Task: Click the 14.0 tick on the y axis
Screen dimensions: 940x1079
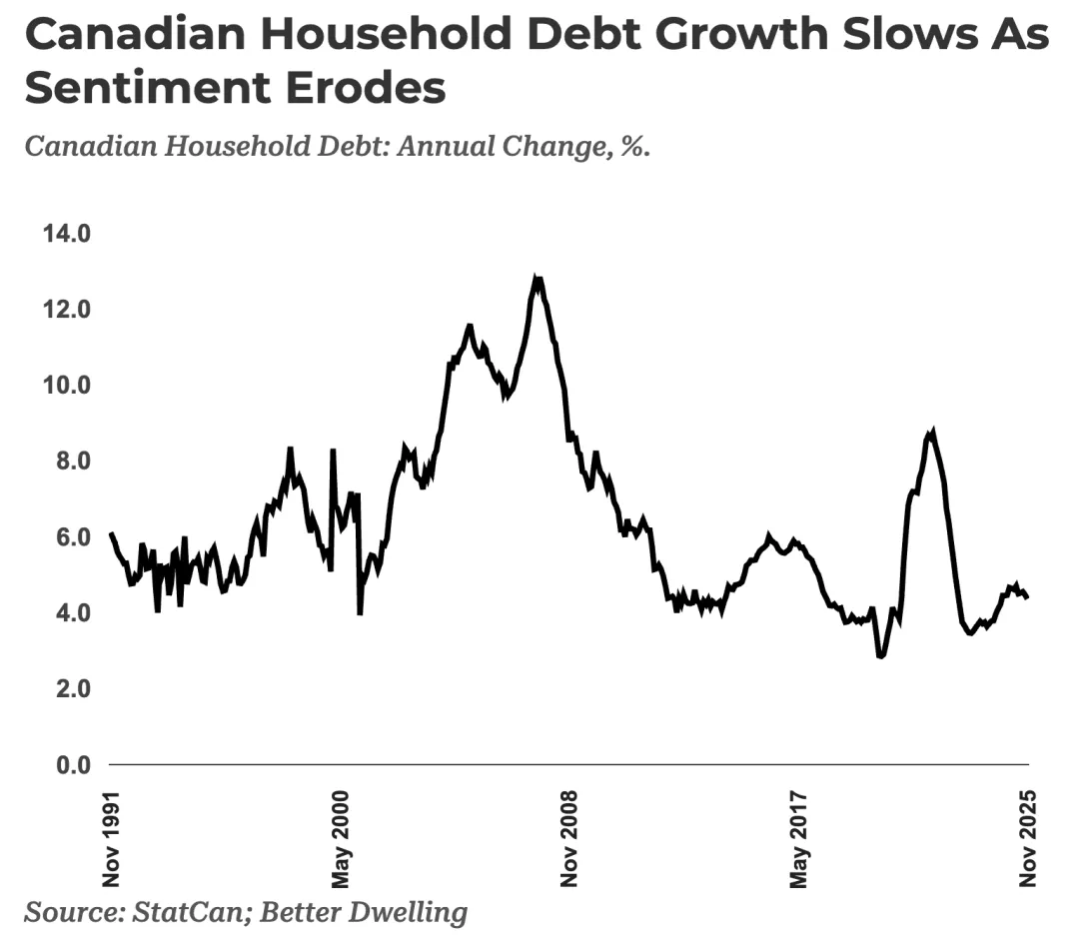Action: tap(65, 234)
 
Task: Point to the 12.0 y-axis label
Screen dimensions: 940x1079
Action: tap(65, 310)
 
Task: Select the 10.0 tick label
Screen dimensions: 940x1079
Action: tap(65, 386)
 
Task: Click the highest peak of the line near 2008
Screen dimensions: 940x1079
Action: tap(538, 279)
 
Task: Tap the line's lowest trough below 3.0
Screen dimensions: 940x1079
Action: tap(880, 656)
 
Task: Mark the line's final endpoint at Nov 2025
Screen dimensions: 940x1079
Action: tap(1028, 597)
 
